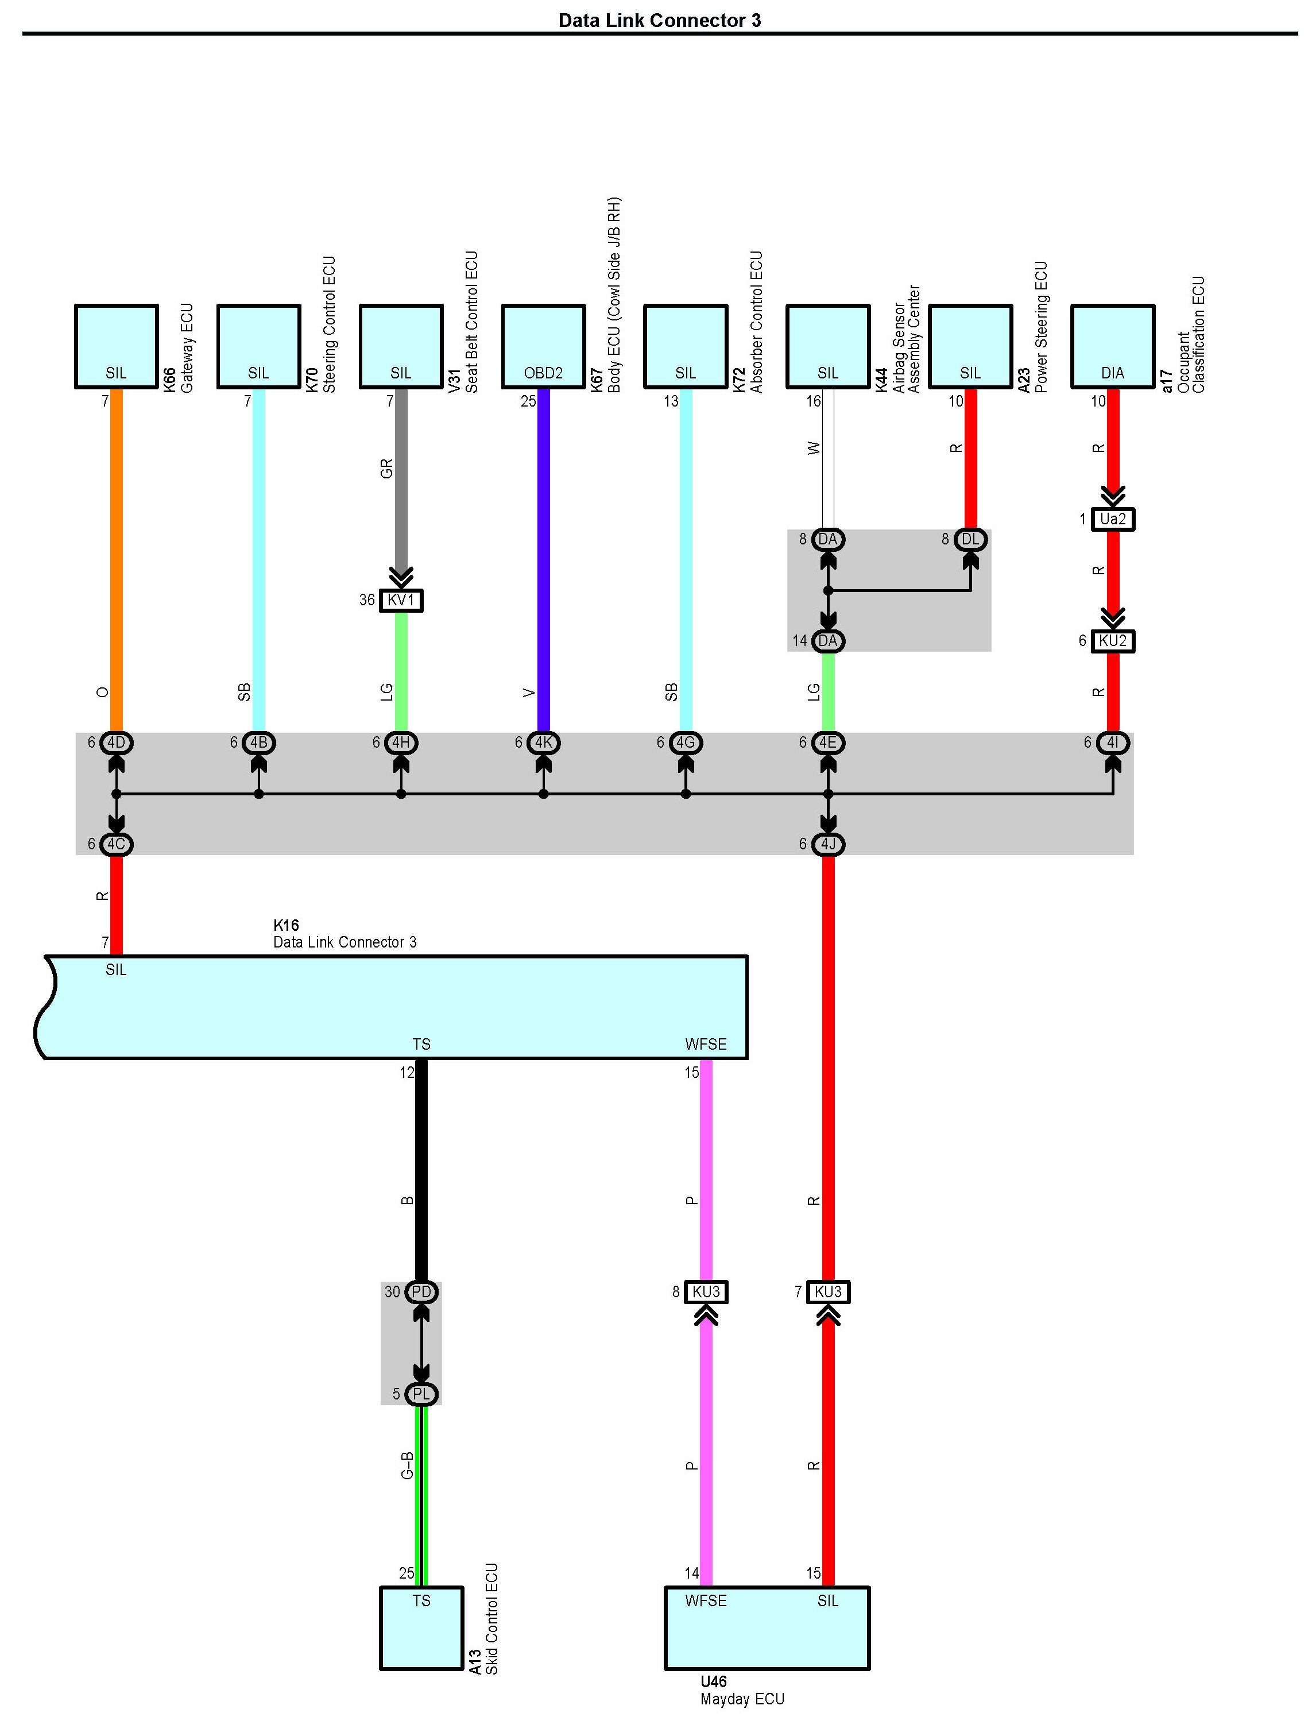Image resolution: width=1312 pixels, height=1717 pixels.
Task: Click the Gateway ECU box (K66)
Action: (117, 346)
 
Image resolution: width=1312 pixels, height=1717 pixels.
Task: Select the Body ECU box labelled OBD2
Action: (544, 346)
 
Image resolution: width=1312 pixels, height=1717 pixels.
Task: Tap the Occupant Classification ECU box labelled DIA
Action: (1113, 346)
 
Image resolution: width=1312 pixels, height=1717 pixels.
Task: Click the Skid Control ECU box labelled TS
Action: (421, 1628)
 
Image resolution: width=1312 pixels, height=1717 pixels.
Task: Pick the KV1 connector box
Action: (401, 600)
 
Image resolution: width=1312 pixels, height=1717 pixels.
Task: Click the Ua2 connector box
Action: (1113, 519)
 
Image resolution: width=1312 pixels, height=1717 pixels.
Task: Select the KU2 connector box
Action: (1113, 640)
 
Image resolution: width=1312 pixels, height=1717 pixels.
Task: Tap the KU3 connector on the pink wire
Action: (706, 1292)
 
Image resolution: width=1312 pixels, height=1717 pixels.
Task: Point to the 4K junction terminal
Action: (544, 743)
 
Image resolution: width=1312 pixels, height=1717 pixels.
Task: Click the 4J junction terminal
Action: (829, 845)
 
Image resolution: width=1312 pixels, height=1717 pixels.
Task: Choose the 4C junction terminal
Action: (117, 845)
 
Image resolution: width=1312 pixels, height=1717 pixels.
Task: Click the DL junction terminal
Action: (971, 539)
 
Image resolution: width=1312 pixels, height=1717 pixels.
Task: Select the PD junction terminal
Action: (421, 1292)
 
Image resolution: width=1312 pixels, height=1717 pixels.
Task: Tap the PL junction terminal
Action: (421, 1394)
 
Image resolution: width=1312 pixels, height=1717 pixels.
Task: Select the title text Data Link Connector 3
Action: (660, 20)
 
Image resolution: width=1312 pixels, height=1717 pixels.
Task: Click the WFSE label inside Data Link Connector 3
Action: (706, 1045)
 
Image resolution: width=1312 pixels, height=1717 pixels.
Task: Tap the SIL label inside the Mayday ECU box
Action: (828, 1600)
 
